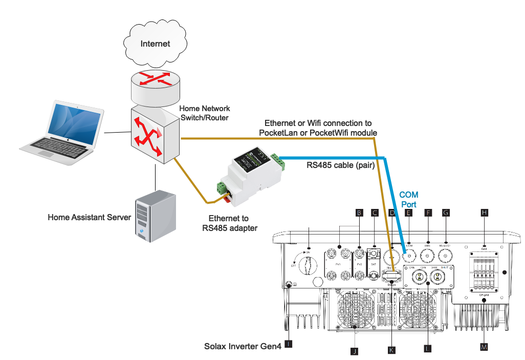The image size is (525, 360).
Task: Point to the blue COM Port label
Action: coord(408,199)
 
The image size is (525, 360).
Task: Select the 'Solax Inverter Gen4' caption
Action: coord(243,347)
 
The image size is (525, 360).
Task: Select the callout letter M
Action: coord(484,347)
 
